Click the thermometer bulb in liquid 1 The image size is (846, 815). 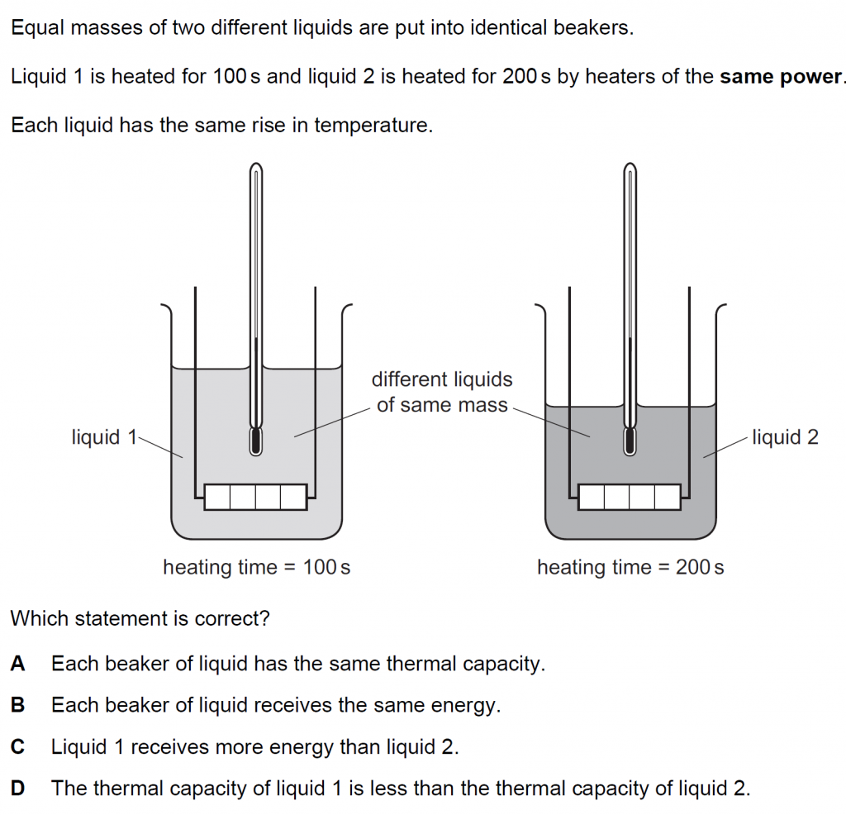pyautogui.click(x=256, y=441)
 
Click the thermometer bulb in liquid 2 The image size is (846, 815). pyautogui.click(x=630, y=441)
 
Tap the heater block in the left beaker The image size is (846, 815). pyautogui.click(x=256, y=497)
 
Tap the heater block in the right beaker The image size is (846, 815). pyautogui.click(x=630, y=497)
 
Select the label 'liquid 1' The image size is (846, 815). pyautogui.click(x=104, y=436)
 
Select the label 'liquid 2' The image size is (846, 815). pyautogui.click(x=785, y=436)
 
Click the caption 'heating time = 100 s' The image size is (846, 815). pyautogui.click(x=257, y=567)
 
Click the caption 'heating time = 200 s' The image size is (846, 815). pyautogui.click(x=630, y=567)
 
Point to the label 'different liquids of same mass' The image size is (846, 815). pyautogui.click(x=442, y=392)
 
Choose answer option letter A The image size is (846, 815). pyautogui.click(x=17, y=664)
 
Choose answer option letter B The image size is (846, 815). pyautogui.click(x=17, y=705)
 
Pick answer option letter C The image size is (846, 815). pyautogui.click(x=17, y=747)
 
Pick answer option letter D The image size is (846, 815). pyautogui.click(x=17, y=789)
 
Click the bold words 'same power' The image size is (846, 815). pyautogui.click(x=781, y=77)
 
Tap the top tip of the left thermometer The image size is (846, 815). pyautogui.click(x=256, y=163)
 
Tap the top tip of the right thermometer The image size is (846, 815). pyautogui.click(x=630, y=163)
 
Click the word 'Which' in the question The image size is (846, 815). pyautogui.click(x=40, y=618)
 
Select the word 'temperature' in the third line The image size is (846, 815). pyautogui.click(x=373, y=126)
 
